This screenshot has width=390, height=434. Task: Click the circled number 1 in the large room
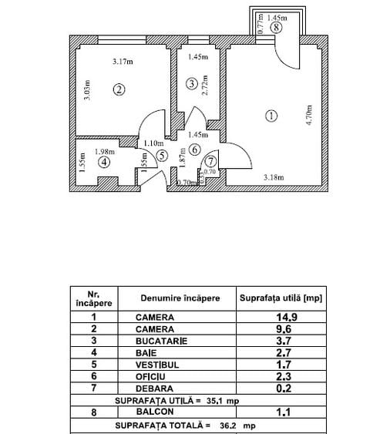(x=270, y=116)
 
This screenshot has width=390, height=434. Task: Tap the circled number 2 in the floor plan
(x=119, y=89)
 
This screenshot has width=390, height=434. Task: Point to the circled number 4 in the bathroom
(x=104, y=162)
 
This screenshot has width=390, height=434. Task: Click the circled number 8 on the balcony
(x=276, y=27)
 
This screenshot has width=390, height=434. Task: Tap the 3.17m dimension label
(x=122, y=62)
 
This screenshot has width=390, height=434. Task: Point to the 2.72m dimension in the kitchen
(x=205, y=83)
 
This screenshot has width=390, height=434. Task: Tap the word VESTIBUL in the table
(x=157, y=363)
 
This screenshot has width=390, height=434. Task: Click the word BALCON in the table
(x=155, y=412)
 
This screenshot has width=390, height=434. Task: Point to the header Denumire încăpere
(x=180, y=298)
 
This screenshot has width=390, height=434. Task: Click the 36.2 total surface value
(x=227, y=425)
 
